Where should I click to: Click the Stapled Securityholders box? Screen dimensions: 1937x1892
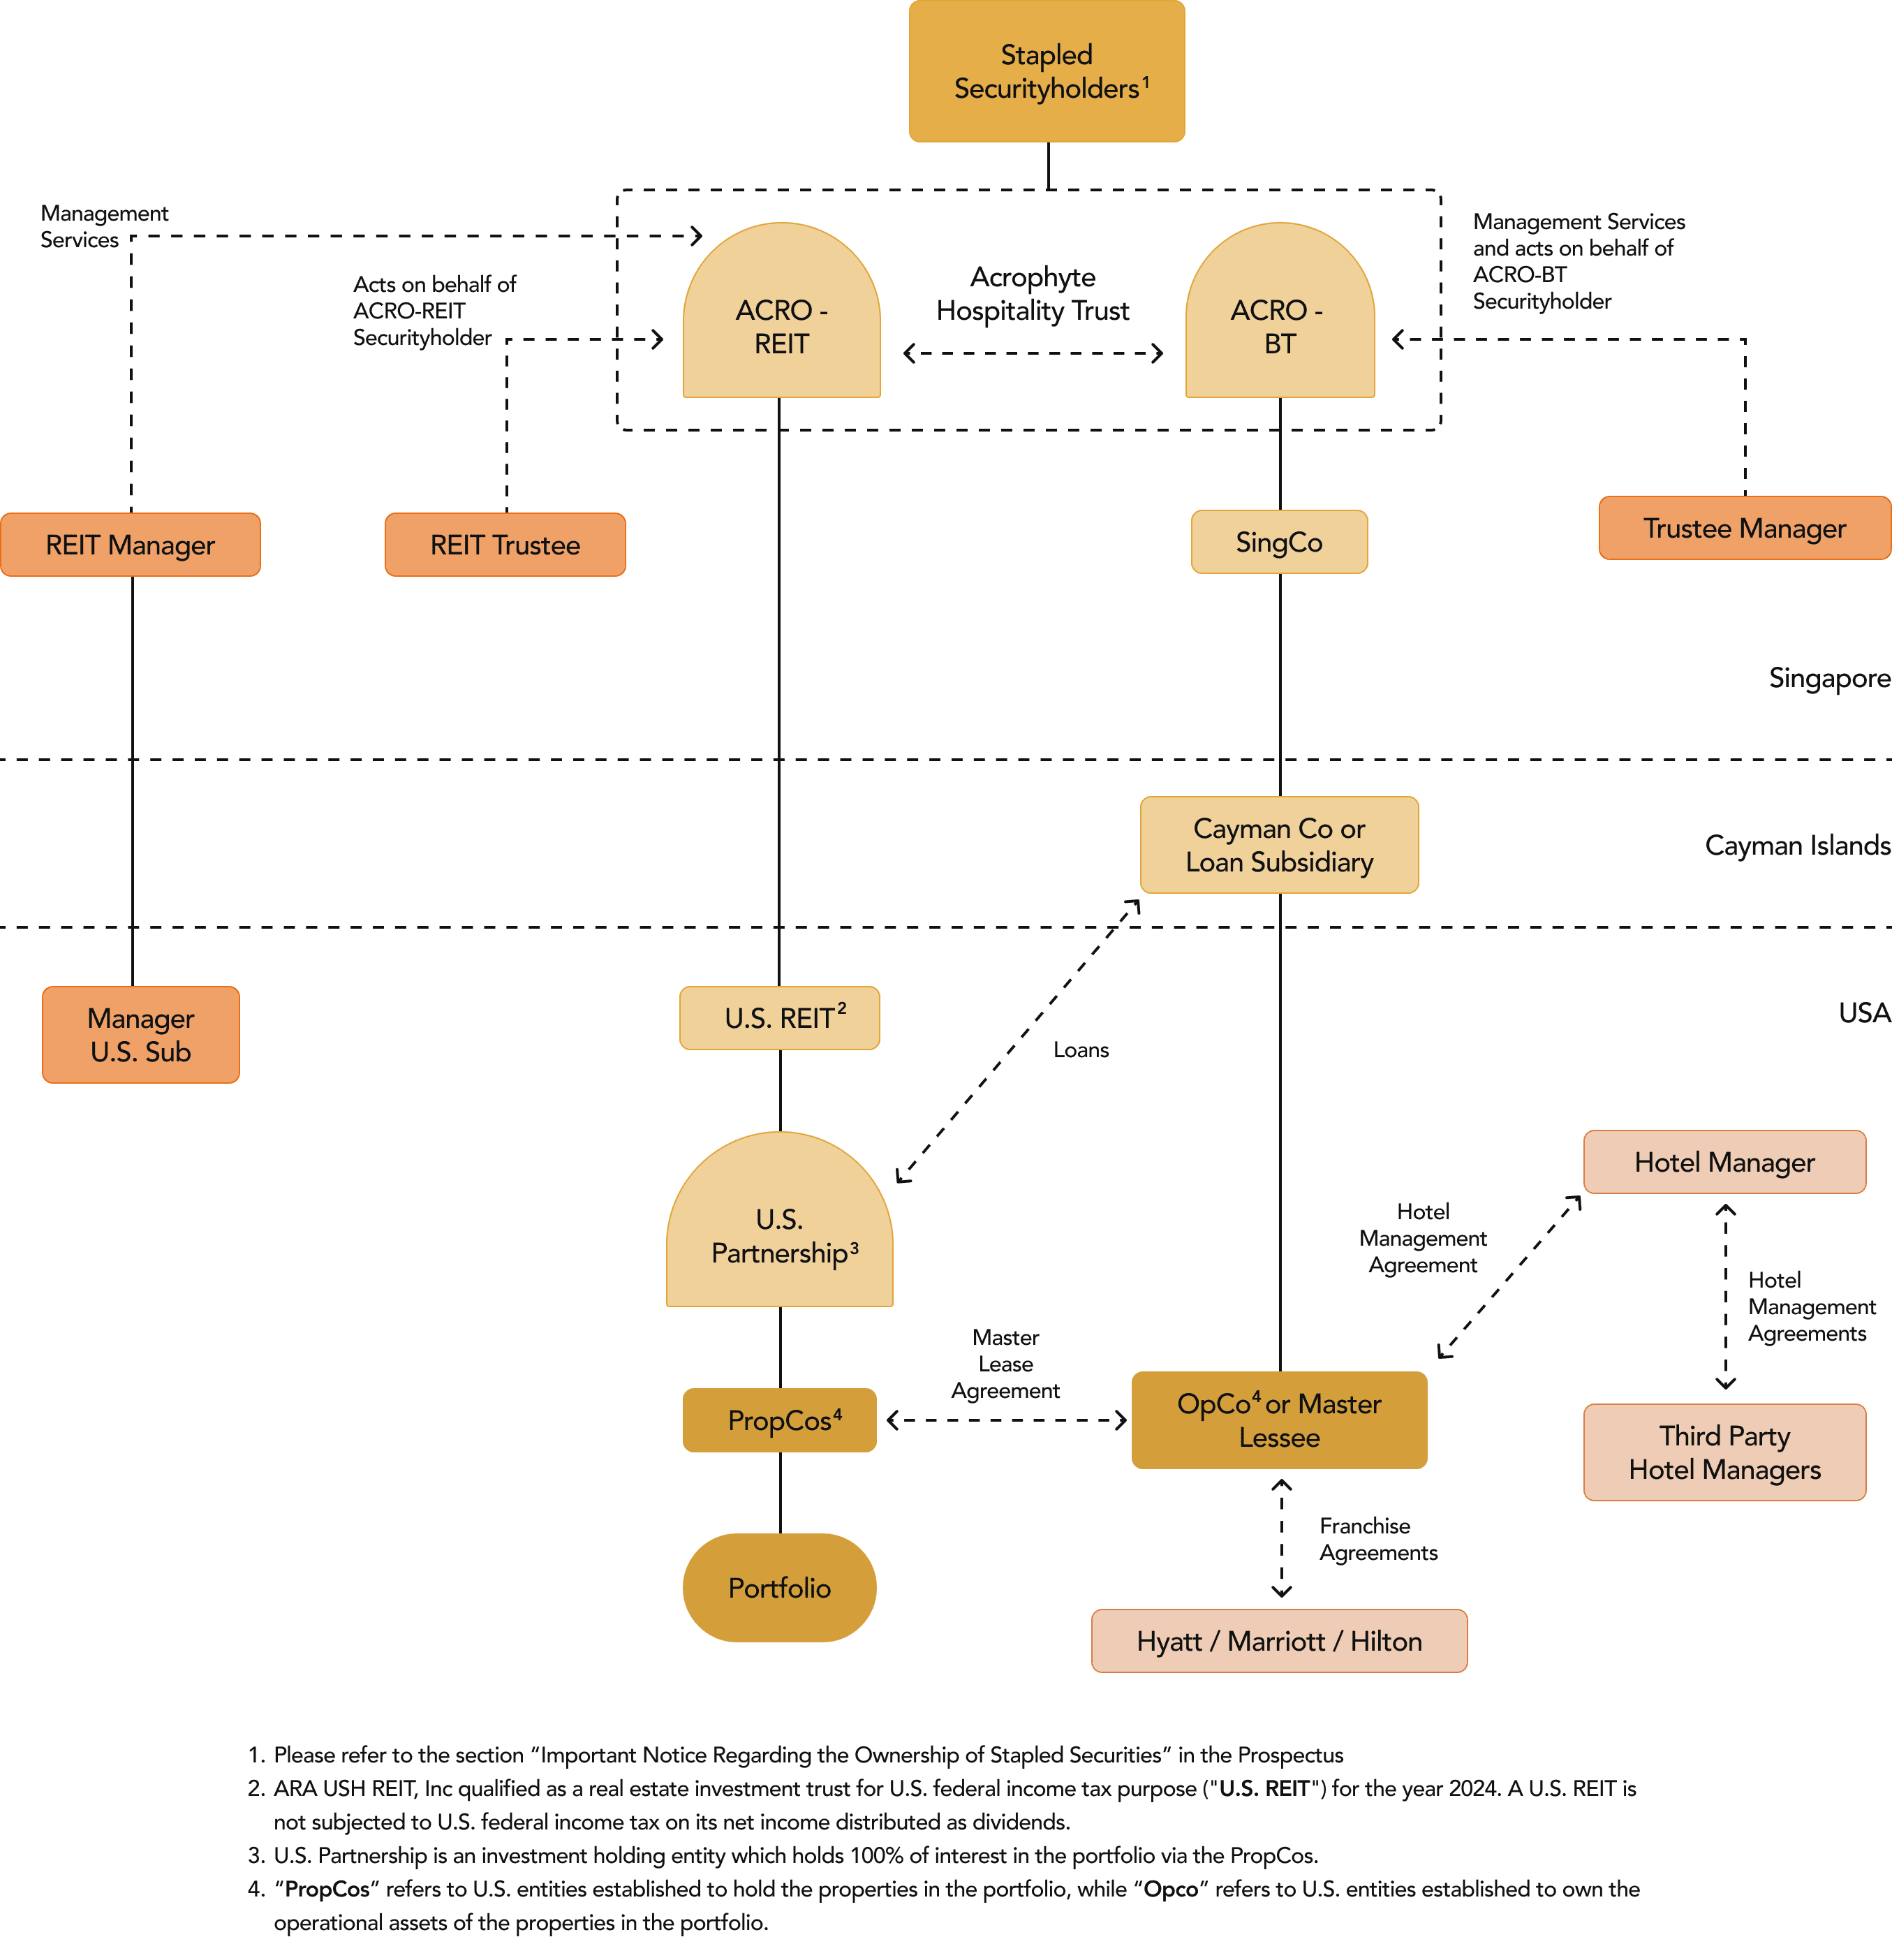click(1047, 71)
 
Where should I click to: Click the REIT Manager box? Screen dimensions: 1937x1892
click(130, 545)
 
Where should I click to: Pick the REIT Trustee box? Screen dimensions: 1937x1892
click(505, 545)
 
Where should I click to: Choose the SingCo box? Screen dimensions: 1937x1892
click(1279, 542)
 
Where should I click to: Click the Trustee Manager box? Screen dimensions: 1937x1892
click(1744, 528)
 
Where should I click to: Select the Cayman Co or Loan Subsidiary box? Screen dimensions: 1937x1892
click(1279, 845)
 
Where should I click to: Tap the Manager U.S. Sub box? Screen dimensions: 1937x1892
click(140, 1035)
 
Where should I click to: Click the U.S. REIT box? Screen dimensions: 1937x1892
click(780, 1017)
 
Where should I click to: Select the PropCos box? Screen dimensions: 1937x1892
click(780, 1420)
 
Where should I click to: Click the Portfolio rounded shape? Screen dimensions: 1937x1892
click(780, 1587)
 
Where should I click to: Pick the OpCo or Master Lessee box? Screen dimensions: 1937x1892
click(1279, 1420)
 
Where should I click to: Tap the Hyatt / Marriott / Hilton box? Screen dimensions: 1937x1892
click(1279, 1641)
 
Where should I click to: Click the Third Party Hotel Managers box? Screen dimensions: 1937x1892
click(1724, 1452)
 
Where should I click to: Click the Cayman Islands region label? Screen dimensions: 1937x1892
click(1796, 845)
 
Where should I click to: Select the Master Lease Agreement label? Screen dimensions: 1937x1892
click(1005, 1364)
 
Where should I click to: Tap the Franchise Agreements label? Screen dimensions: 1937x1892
click(1377, 1538)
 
